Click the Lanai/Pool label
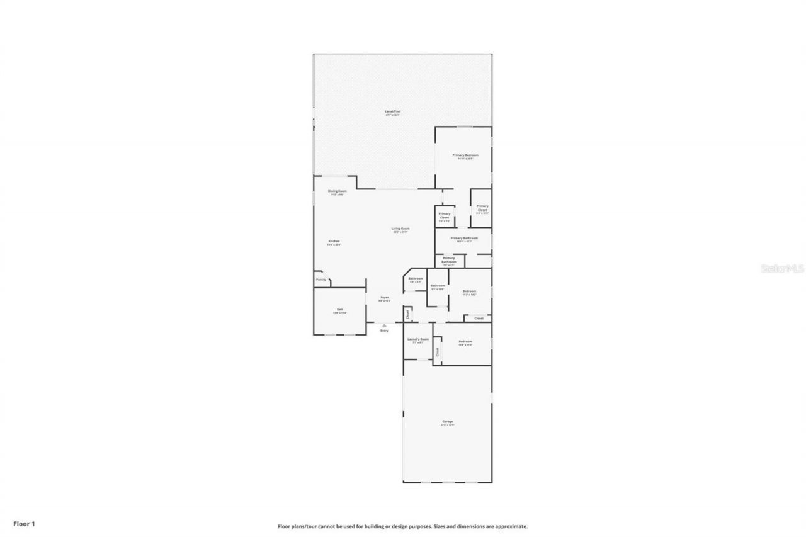pyautogui.click(x=393, y=111)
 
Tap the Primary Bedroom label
pyautogui.click(x=465, y=155)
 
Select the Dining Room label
pyautogui.click(x=337, y=191)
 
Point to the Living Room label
pyautogui.click(x=400, y=229)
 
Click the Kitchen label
pyautogui.click(x=334, y=241)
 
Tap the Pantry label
pyautogui.click(x=321, y=279)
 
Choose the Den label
pyautogui.click(x=339, y=309)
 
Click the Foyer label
pyautogui.click(x=384, y=297)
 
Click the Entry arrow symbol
pyautogui.click(x=384, y=325)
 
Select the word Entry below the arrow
pyautogui.click(x=384, y=331)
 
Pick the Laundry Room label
pyautogui.click(x=417, y=339)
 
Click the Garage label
pyautogui.click(x=447, y=422)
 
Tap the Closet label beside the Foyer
pyautogui.click(x=407, y=315)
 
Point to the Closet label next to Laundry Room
pyautogui.click(x=437, y=353)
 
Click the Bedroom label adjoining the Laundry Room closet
pyautogui.click(x=465, y=341)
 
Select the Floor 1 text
pyautogui.click(x=24, y=523)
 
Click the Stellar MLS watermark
pyautogui.click(x=782, y=268)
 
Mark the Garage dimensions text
pyautogui.click(x=447, y=426)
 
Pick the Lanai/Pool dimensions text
pyautogui.click(x=393, y=115)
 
